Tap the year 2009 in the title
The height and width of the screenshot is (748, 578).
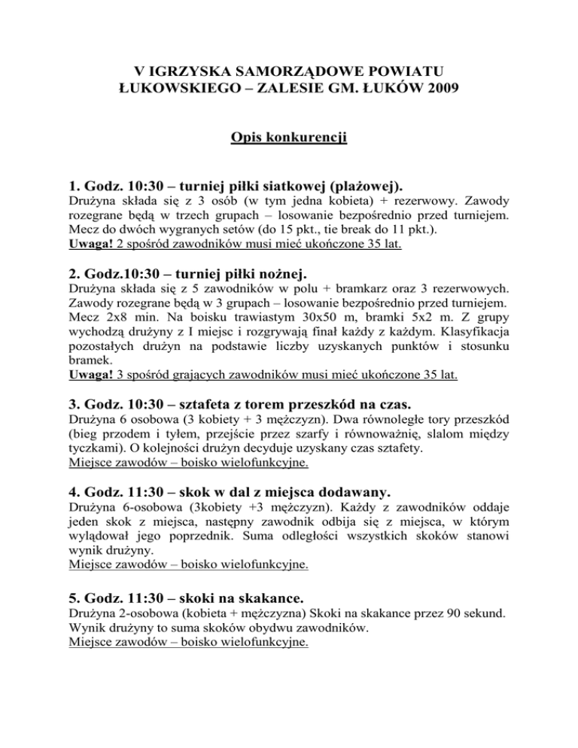(x=437, y=96)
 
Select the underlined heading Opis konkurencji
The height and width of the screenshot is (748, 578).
(x=288, y=161)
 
